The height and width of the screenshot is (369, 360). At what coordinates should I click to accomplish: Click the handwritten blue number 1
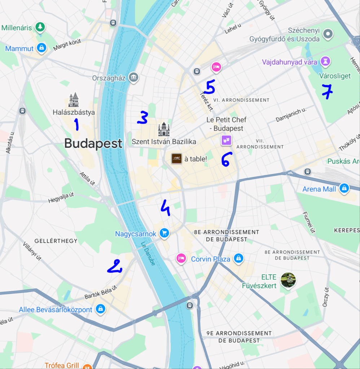click(x=76, y=124)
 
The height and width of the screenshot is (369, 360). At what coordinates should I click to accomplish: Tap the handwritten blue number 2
click(x=115, y=267)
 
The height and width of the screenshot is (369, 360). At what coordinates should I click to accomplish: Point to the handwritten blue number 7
click(x=327, y=92)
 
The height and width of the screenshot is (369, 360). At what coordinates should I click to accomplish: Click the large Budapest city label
click(x=93, y=143)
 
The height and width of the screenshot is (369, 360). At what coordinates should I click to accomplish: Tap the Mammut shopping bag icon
click(x=42, y=48)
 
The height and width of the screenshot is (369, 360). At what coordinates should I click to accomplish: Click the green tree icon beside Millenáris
click(x=40, y=27)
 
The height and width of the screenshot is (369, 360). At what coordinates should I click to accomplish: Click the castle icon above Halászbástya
click(x=74, y=100)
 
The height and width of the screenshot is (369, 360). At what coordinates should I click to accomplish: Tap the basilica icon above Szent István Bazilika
click(x=164, y=129)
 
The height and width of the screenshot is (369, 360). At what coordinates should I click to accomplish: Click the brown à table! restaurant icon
click(x=176, y=158)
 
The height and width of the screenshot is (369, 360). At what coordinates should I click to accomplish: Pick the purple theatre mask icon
click(x=226, y=140)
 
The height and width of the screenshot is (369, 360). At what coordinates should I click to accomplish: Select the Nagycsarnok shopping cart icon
click(x=164, y=233)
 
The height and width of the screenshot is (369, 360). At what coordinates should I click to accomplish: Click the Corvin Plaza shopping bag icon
click(x=238, y=258)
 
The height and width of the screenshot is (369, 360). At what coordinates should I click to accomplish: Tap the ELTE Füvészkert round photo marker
click(x=288, y=280)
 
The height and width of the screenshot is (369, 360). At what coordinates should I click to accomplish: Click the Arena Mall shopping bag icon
click(x=344, y=188)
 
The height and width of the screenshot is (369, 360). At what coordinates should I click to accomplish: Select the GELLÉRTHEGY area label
click(x=56, y=240)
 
